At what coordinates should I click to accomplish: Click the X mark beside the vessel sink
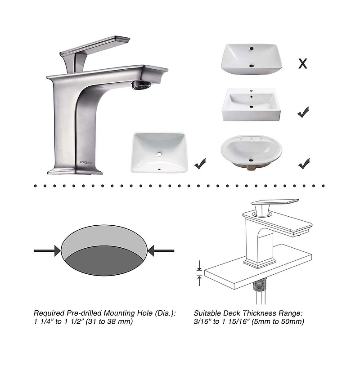303,63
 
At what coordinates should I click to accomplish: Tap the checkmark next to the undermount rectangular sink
200,164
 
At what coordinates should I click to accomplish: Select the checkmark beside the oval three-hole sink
304,162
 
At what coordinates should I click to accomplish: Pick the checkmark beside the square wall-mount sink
303,112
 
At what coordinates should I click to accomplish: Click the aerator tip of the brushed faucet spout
140,85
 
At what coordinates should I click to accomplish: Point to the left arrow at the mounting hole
48,250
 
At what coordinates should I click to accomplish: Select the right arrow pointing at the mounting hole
161,250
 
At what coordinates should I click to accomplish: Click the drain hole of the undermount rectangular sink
158,154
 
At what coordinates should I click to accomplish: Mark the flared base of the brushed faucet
74,170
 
